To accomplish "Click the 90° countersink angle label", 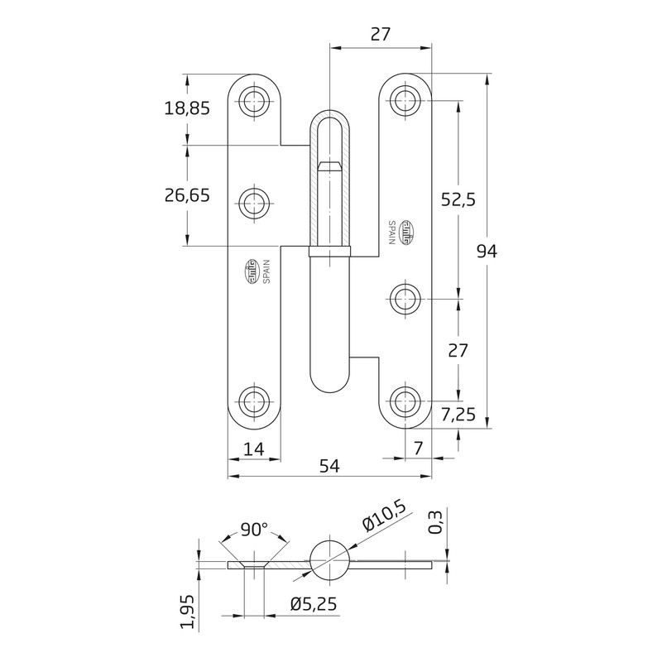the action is coord(254,529).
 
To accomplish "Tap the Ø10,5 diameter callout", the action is coord(384,522).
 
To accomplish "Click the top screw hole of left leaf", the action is coord(255,103).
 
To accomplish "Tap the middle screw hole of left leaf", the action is coord(255,201).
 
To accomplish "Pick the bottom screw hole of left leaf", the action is coord(255,402).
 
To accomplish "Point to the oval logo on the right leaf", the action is coord(408,233).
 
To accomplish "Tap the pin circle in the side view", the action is coord(329,562).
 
